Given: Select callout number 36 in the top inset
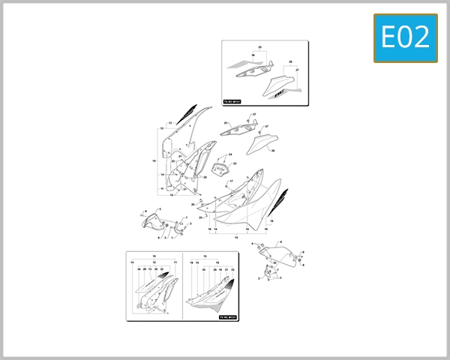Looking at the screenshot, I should [x=253, y=56].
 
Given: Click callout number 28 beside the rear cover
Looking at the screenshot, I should [x=272, y=151].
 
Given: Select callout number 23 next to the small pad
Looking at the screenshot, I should [x=234, y=163].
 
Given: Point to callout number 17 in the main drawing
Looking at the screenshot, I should [x=231, y=181].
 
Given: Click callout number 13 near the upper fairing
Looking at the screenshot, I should [x=170, y=122].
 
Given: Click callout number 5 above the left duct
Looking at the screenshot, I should [x=159, y=208].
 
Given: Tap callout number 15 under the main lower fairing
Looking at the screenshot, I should [x=236, y=237].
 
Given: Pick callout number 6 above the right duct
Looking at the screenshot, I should [x=280, y=241].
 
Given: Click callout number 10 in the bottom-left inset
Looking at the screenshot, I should [x=154, y=256].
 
